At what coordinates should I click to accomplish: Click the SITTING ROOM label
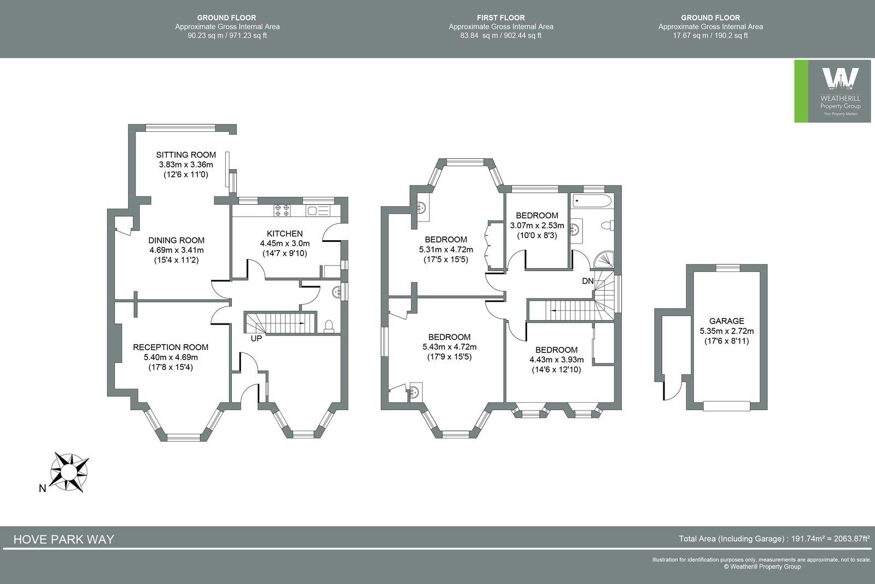click(186, 155)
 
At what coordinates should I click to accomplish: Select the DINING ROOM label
click(176, 240)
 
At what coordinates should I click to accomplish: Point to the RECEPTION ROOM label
click(171, 347)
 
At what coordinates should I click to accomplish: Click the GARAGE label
click(726, 321)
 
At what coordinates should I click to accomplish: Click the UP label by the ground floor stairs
click(256, 339)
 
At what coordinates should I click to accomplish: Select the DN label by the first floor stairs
click(588, 281)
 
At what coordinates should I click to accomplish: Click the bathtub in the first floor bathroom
click(592, 201)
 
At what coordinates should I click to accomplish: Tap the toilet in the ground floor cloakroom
click(329, 326)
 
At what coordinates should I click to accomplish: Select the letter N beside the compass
click(42, 489)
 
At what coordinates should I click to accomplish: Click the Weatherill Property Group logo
click(832, 91)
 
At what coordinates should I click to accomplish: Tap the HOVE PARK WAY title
click(63, 539)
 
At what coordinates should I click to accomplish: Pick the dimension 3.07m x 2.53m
click(536, 225)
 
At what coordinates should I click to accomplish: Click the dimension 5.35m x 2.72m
click(726, 331)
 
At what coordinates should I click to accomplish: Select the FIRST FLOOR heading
click(500, 18)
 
